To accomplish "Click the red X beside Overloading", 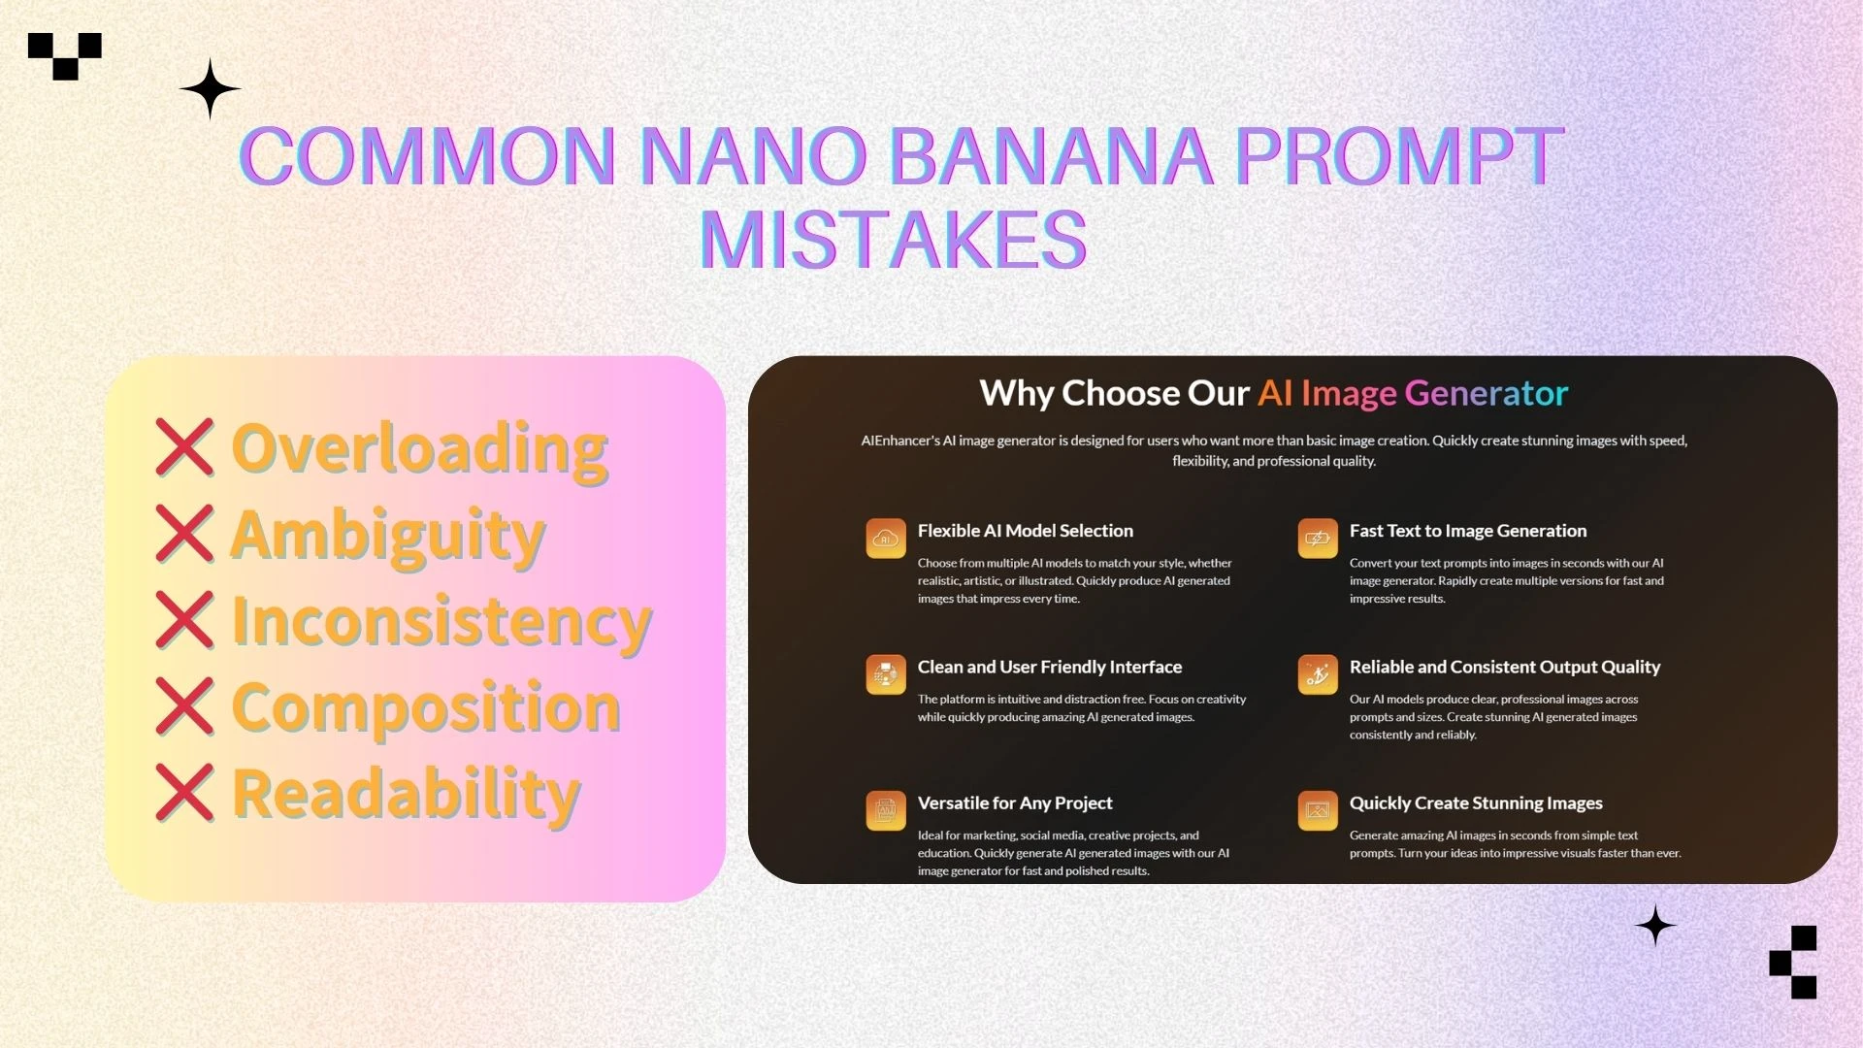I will [184, 447].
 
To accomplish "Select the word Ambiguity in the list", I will [388, 535].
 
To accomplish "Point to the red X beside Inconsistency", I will [184, 620].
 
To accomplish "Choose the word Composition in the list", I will [426, 707].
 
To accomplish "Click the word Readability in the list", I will [406, 794].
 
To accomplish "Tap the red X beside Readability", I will [184, 793].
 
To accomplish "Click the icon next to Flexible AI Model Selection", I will [886, 539].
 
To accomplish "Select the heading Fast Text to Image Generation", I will [1467, 531].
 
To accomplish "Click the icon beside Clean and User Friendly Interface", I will [886, 674].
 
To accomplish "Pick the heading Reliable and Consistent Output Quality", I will [1504, 667].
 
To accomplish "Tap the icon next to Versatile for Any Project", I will [886, 810].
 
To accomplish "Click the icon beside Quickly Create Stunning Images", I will [1317, 810].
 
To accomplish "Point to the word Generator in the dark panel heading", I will [1486, 393].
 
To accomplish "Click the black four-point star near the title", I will [210, 89].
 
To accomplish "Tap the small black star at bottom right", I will [1655, 926].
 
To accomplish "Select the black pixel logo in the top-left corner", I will [65, 55].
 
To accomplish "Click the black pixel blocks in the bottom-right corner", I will [1793, 962].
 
